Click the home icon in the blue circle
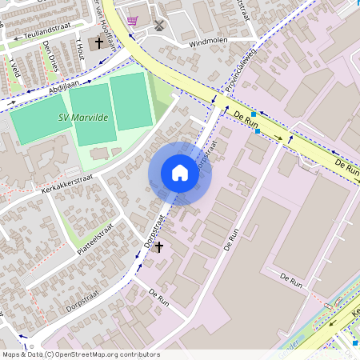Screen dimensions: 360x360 point(180,173)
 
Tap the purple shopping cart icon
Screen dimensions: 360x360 point(132,21)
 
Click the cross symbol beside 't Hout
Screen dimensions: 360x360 point(99,42)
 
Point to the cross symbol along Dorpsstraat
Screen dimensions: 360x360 point(158,247)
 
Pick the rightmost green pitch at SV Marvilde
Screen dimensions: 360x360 point(130,101)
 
